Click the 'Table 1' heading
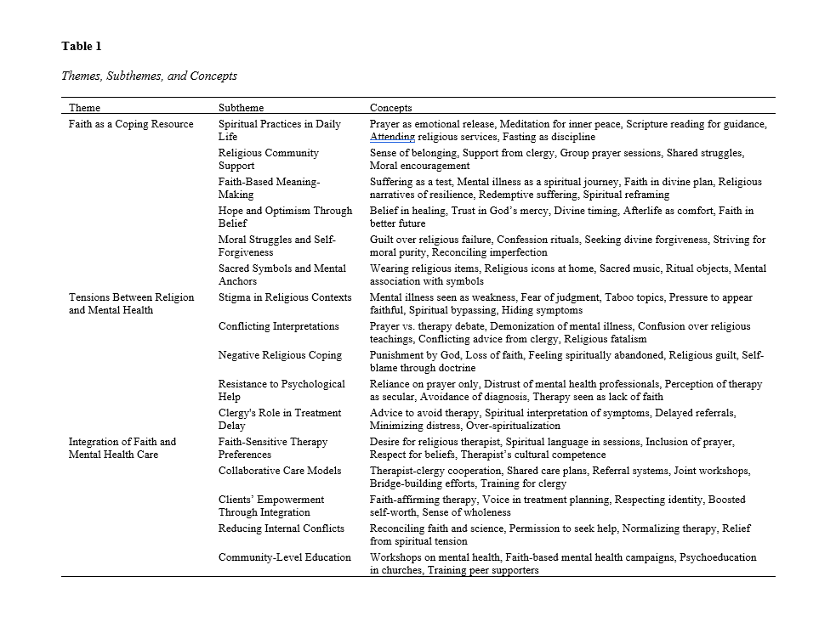[82, 46]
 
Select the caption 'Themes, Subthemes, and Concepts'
[149, 76]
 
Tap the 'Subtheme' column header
[241, 108]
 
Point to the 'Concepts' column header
[390, 108]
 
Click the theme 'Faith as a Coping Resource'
[131, 124]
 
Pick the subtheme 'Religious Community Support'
[268, 159]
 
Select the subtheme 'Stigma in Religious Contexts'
[284, 297]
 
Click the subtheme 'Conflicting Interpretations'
[278, 326]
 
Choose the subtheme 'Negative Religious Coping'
[279, 355]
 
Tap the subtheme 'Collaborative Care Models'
[279, 471]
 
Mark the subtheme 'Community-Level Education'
[284, 557]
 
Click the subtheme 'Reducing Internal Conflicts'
[281, 528]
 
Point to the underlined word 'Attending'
[392, 137]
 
